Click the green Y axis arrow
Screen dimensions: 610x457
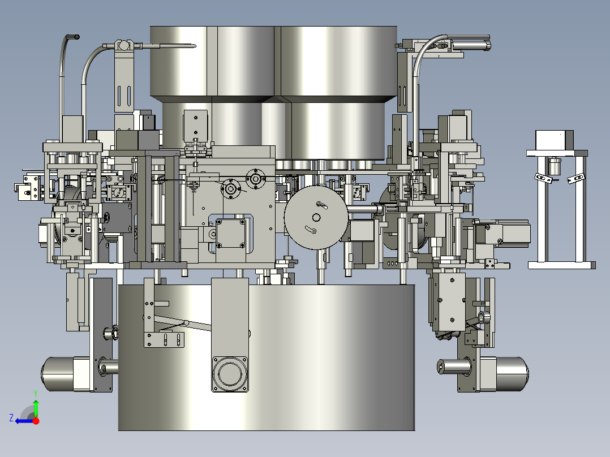pyautogui.click(x=36, y=408)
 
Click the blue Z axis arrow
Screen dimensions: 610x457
pyautogui.click(x=24, y=421)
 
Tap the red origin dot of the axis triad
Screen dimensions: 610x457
pyautogui.click(x=36, y=421)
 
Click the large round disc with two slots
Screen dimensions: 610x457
pyautogui.click(x=316, y=217)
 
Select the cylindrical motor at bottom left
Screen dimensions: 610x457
pyautogui.click(x=66, y=374)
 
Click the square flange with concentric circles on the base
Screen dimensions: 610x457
pyautogui.click(x=230, y=374)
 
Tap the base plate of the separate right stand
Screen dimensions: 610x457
pyautogui.click(x=561, y=265)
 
